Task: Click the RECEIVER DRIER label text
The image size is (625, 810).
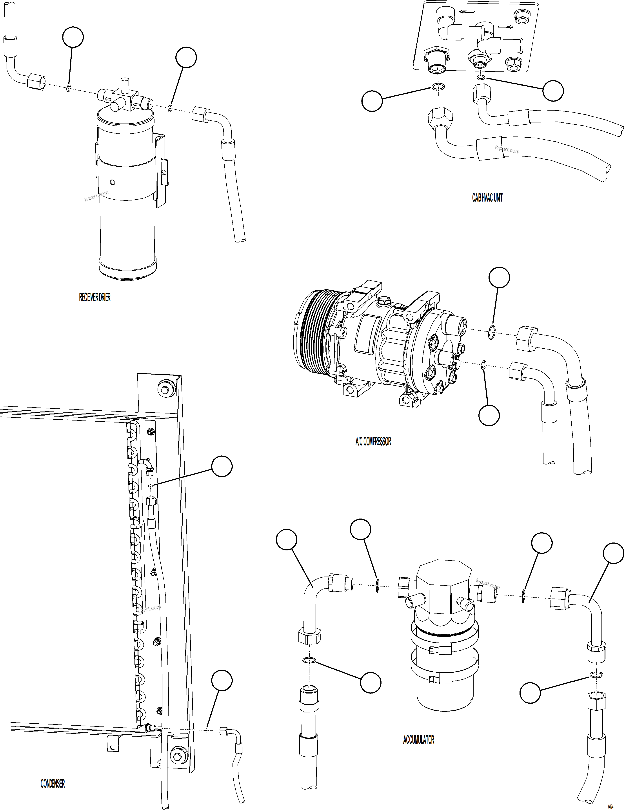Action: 94,297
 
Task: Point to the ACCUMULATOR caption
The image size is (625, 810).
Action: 418,739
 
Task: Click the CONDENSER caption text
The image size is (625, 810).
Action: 53,783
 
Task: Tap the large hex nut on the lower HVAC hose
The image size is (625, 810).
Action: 439,117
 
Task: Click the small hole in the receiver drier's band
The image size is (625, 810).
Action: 113,182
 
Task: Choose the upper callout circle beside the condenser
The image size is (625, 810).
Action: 222,467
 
